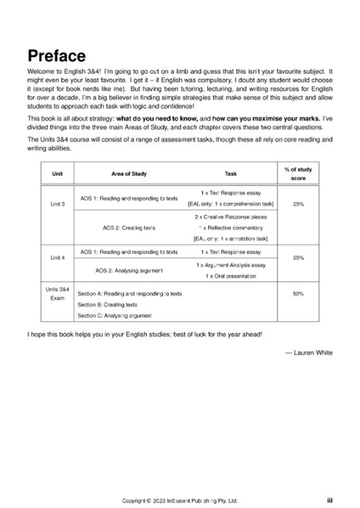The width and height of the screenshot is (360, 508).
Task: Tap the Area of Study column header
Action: [x=129, y=174]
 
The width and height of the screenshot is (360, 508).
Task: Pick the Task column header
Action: [x=231, y=174]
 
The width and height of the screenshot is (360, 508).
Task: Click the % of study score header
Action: [x=298, y=174]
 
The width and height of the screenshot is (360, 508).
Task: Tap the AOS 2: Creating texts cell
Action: [x=129, y=226]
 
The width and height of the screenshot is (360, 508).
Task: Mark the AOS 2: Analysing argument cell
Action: [x=129, y=270]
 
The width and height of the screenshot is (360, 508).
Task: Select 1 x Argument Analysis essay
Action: [x=231, y=264]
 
